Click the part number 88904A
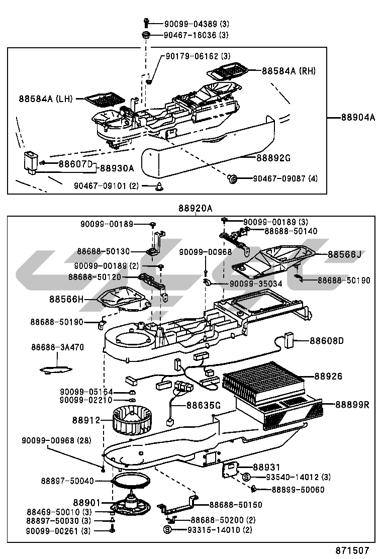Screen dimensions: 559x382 358,118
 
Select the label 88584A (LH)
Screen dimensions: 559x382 46,99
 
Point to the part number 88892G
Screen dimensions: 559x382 273,158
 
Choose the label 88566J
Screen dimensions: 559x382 345,254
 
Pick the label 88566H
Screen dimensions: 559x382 66,299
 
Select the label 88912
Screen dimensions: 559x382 86,420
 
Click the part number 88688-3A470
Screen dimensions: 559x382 57,347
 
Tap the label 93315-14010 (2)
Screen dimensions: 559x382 214,529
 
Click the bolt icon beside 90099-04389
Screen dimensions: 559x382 146,23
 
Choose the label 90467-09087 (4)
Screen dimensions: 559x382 285,178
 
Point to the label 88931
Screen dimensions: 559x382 266,467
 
